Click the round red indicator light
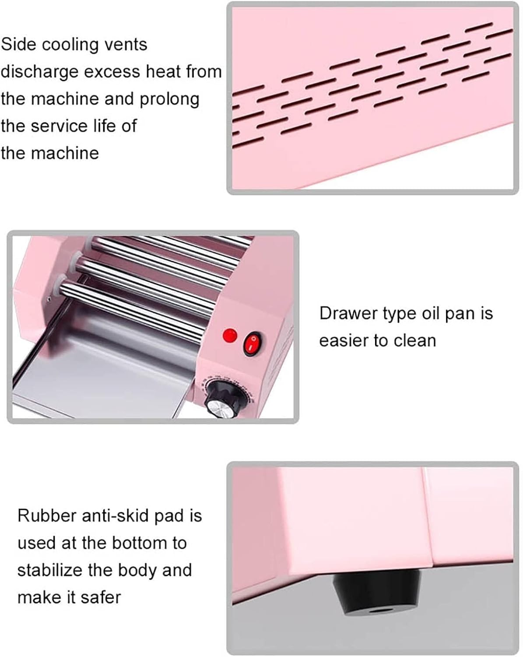click(230, 335)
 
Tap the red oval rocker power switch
click(253, 344)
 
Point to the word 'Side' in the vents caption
click(19, 44)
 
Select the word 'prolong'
click(170, 99)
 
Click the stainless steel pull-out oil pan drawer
click(101, 378)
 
